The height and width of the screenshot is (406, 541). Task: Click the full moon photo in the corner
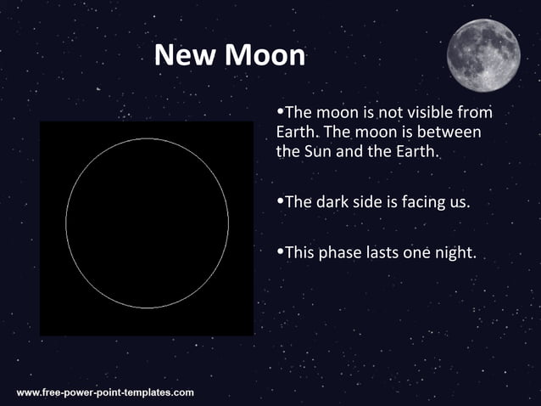(483, 54)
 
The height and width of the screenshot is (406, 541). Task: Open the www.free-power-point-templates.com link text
(105, 392)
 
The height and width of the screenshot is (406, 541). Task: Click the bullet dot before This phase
(281, 251)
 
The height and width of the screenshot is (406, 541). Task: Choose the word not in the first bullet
(382, 113)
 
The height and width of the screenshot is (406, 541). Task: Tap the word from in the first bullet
(475, 113)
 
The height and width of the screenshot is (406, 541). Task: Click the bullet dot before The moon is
(281, 112)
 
